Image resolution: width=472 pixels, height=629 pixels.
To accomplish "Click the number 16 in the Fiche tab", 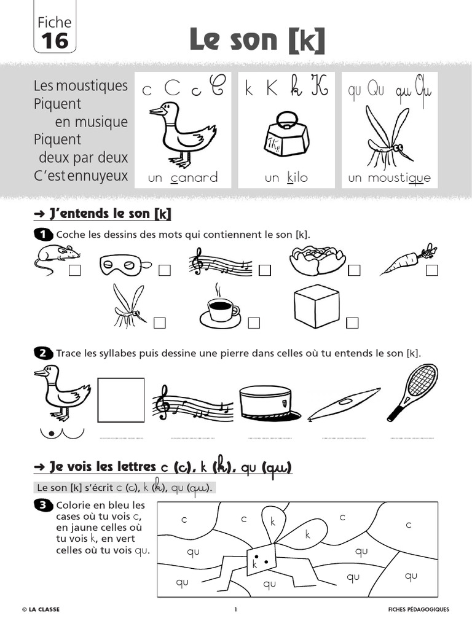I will coord(55,41).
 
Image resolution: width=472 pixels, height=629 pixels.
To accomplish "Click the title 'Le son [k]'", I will coord(257,40).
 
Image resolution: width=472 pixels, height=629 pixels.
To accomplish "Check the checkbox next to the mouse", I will coord(75,271).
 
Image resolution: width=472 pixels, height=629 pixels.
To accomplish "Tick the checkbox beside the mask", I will coord(164,271).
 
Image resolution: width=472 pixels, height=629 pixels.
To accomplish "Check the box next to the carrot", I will coord(432,271).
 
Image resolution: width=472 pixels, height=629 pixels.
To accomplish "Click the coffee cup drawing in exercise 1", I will coord(219,307).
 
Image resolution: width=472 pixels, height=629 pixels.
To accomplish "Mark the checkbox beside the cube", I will coord(352,323).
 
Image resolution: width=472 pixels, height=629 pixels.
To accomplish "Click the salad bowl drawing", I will coord(317,260).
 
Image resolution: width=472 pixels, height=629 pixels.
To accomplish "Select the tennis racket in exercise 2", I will coord(414,391).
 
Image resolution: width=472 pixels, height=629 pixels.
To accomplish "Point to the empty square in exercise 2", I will coord(121,400).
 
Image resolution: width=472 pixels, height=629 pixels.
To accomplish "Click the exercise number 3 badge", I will coord(42,505).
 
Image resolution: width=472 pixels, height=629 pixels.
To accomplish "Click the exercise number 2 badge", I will coord(42,353).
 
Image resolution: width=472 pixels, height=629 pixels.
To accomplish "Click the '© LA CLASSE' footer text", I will coord(41,609).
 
